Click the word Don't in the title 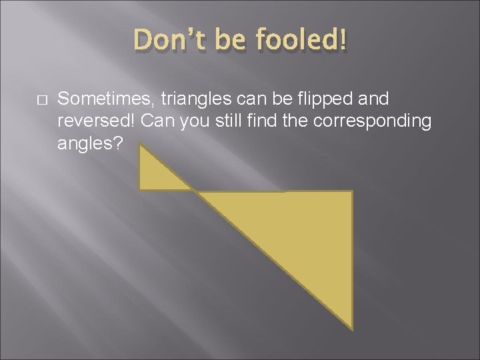coord(164,41)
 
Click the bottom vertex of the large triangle coord(351,328)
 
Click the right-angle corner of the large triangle coord(351,192)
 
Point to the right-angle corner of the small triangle coord(140,189)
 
